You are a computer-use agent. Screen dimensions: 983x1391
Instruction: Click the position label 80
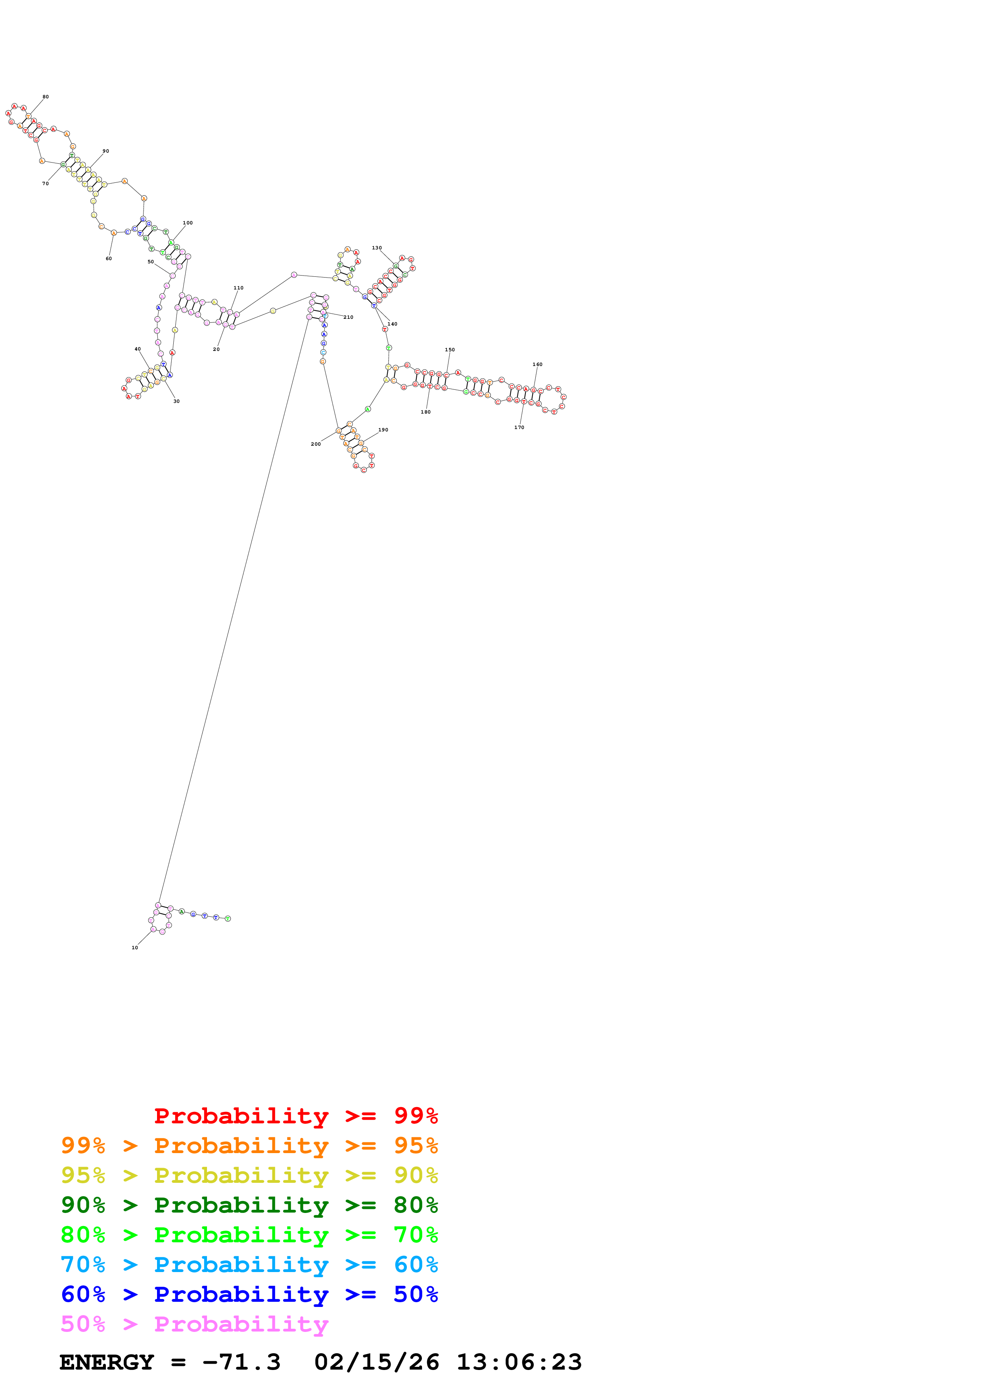[x=46, y=97]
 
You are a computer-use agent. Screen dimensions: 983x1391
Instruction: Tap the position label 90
[x=105, y=151]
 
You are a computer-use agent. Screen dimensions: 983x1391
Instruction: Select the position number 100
[x=188, y=223]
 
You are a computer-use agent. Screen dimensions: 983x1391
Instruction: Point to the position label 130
[x=377, y=248]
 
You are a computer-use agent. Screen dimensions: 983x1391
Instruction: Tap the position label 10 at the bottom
[x=134, y=948]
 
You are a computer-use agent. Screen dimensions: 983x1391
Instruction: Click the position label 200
[x=316, y=444]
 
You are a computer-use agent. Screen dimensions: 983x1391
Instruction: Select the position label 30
[x=176, y=401]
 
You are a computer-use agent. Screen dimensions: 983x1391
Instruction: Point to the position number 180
[x=426, y=412]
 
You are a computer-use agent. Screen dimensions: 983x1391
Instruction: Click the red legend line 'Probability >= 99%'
[x=295, y=1115]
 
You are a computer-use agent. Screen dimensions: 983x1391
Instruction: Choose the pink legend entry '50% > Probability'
[x=194, y=1324]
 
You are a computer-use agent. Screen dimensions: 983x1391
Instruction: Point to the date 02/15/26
[x=376, y=1362]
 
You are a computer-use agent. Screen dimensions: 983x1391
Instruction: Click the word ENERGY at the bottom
[x=106, y=1362]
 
